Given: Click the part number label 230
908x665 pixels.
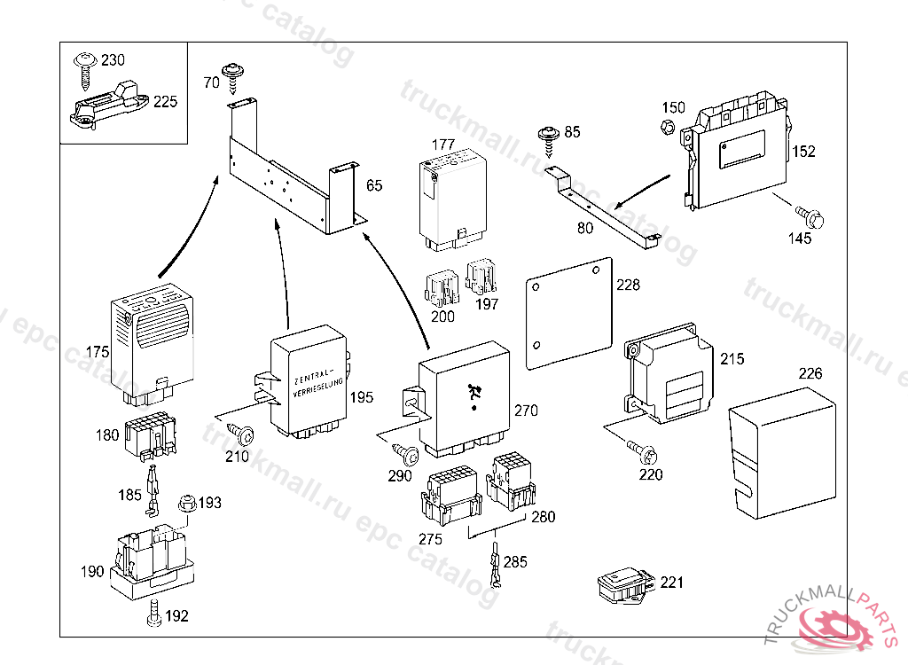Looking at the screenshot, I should (x=113, y=60).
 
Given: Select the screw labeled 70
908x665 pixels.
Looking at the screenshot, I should (x=234, y=75).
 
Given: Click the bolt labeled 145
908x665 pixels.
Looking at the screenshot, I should (x=810, y=215).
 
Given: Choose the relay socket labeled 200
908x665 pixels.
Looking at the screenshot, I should (x=441, y=284).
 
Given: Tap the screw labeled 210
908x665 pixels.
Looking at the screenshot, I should (x=242, y=435).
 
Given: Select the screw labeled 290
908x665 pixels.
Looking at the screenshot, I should (x=409, y=456).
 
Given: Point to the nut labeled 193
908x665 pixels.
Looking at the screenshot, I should (x=186, y=504).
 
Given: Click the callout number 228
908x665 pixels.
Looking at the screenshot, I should (x=628, y=286).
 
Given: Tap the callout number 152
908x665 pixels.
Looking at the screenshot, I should (x=803, y=152).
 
